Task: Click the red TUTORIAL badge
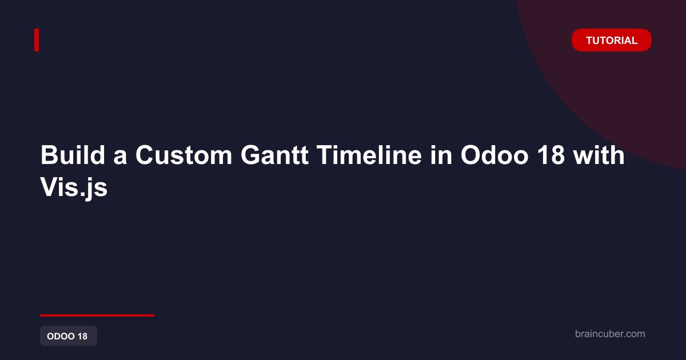[611, 40]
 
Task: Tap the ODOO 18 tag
[69, 336]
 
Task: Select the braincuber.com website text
[610, 334]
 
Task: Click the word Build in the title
[73, 155]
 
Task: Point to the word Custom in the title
[184, 155]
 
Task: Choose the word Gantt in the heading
[274, 155]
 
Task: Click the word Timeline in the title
[369, 155]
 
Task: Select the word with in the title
[599, 155]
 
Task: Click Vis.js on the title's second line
[74, 188]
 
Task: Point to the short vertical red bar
[37, 40]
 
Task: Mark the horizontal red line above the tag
[97, 315]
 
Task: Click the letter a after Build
[121, 158]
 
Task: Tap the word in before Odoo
[441, 155]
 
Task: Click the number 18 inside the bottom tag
[82, 336]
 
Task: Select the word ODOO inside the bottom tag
[61, 336]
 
